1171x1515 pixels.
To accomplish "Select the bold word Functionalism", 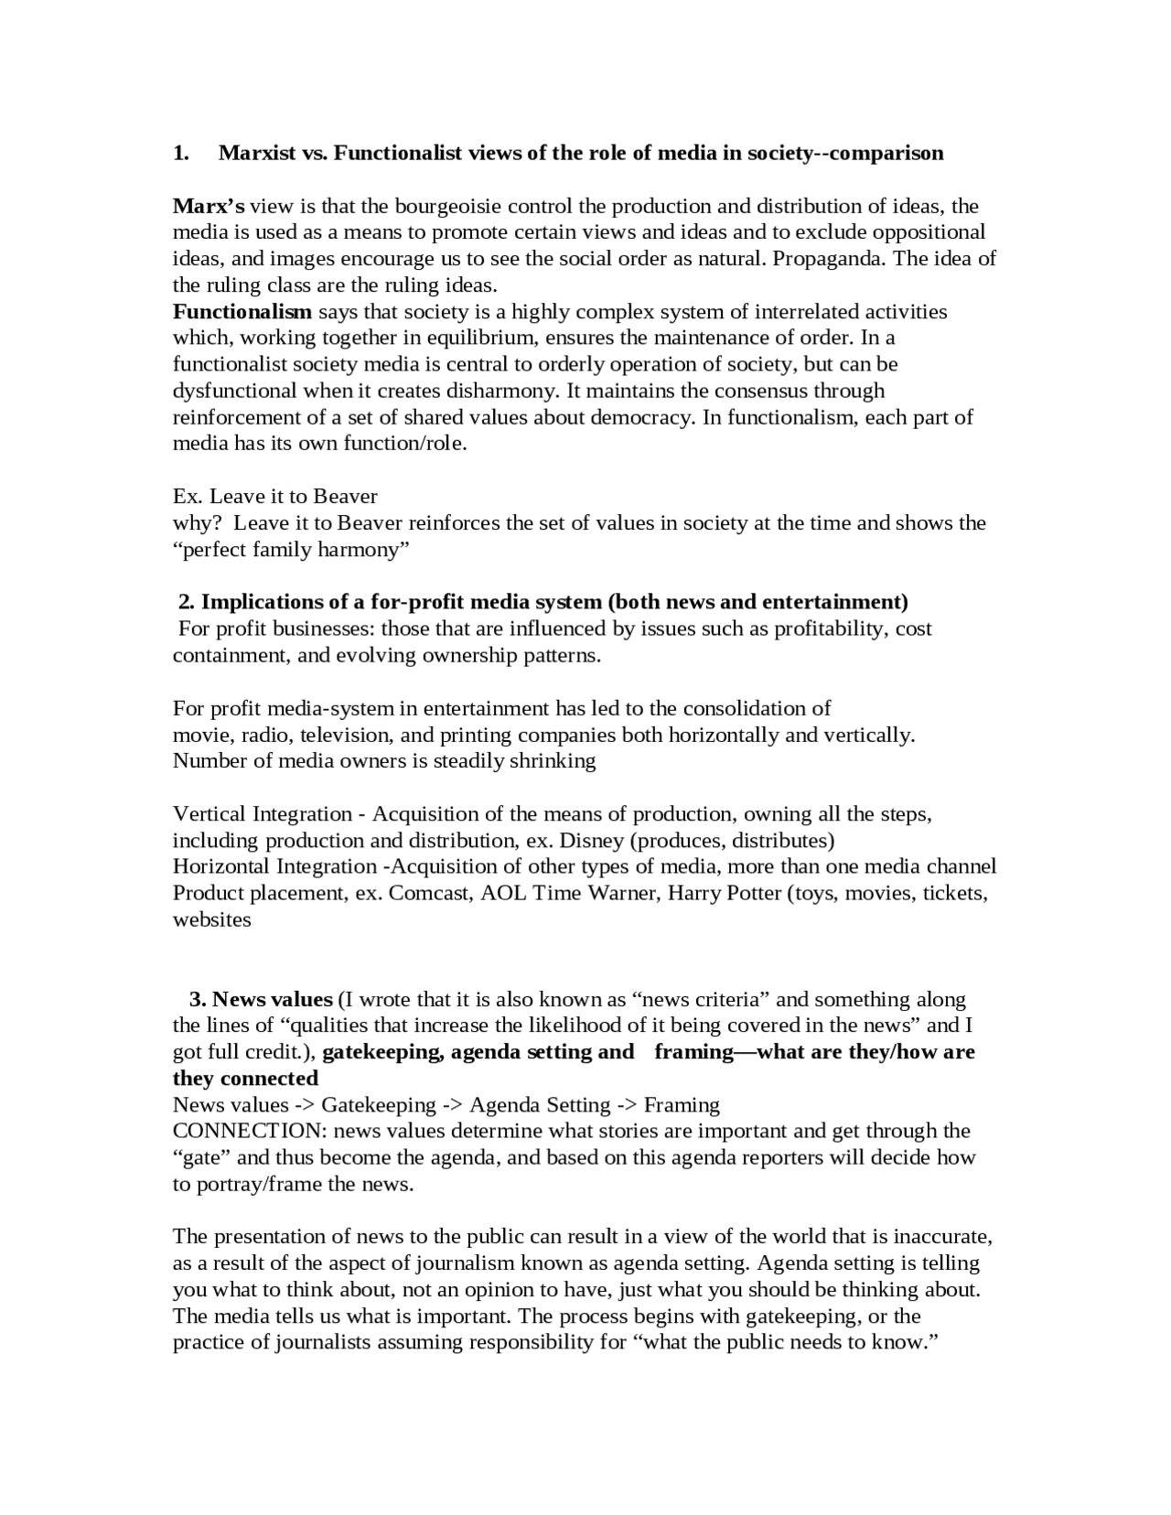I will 242,312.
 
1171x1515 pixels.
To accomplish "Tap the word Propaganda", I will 829,259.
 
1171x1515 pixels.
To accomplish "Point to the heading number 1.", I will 180,153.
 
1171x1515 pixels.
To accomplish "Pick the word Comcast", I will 430,894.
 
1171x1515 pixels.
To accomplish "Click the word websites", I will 211,920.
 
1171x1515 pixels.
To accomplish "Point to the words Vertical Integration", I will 263,814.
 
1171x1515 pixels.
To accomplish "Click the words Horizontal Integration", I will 274,867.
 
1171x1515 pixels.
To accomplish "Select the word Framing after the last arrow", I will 682,1105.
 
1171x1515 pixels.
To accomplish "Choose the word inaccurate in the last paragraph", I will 943,1238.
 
